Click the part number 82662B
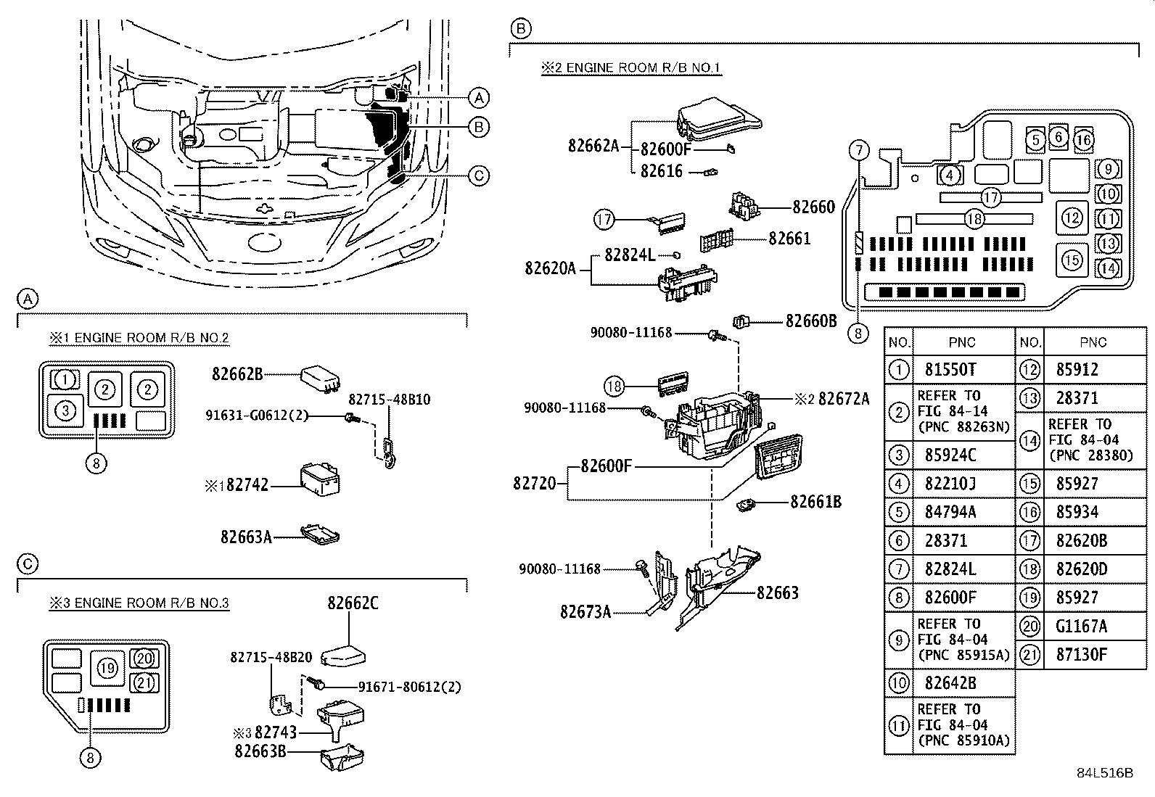point(237,374)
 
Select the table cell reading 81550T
point(950,370)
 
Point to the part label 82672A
point(843,398)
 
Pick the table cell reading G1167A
point(1082,626)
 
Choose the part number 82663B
point(260,751)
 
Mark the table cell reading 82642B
point(950,683)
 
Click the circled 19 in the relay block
point(107,667)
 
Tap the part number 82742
point(247,484)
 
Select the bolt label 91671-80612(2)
point(409,687)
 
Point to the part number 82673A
point(585,612)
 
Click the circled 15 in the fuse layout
point(1072,260)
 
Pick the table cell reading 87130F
point(1082,655)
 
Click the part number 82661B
point(815,502)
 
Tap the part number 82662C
point(353,603)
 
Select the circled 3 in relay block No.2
point(65,411)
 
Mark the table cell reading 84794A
point(950,512)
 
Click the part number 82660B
point(811,321)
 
